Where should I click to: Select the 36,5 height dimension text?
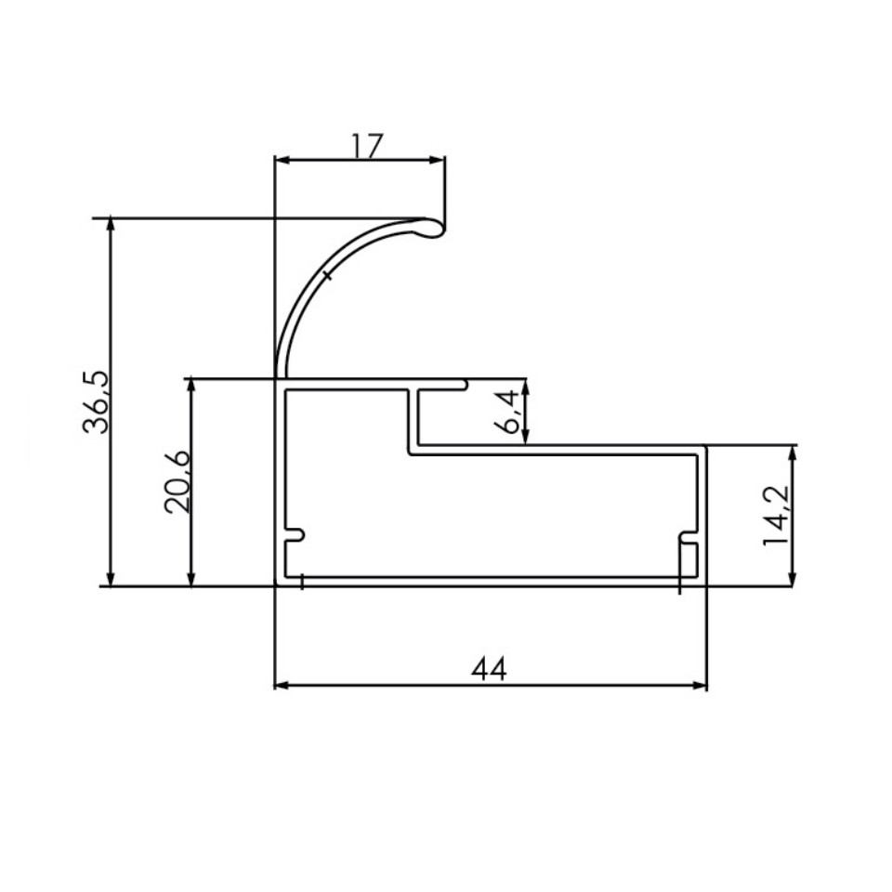(96, 401)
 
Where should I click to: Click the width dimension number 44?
(490, 669)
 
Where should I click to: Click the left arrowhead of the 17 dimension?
(282, 161)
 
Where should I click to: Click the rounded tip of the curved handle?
(433, 228)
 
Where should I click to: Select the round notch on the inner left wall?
(297, 536)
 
